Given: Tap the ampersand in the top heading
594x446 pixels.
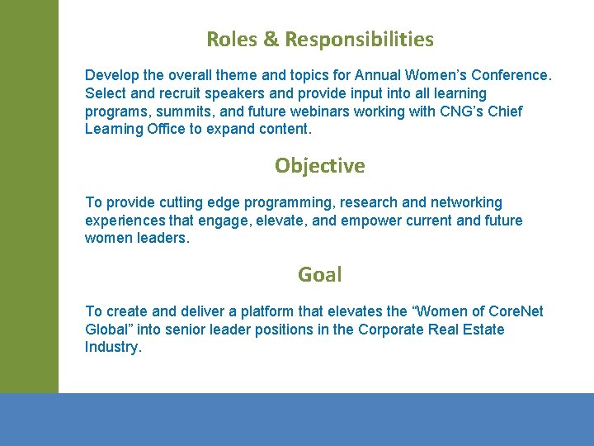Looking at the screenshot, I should coord(271,39).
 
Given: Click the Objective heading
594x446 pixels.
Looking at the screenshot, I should coord(320,166).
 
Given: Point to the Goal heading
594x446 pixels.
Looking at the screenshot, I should coord(320,274).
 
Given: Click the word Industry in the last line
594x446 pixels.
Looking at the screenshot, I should coord(112,347).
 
